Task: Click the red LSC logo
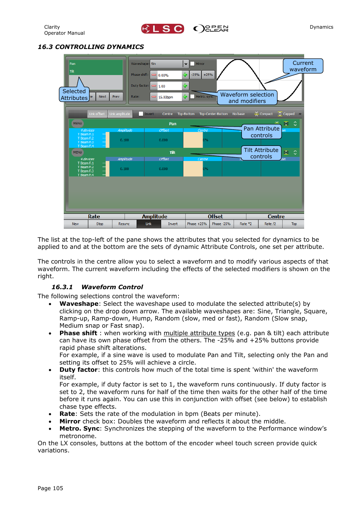point(163,29)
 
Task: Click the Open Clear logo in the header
point(211,29)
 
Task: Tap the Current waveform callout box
point(303,66)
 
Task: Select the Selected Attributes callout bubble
point(74,95)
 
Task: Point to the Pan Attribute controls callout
point(261,132)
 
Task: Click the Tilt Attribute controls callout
point(261,153)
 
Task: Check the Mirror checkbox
point(192,64)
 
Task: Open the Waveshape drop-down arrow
point(186,64)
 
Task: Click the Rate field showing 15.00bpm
point(169,97)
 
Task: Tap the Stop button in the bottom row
point(100,224)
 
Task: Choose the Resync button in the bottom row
point(124,224)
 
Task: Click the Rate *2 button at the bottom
point(246,224)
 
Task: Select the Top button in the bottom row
point(294,224)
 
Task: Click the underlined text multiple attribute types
point(199,333)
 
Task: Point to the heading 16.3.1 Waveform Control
point(97,287)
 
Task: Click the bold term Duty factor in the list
point(78,370)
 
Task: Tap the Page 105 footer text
point(50,488)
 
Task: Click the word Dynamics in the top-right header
point(321,27)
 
